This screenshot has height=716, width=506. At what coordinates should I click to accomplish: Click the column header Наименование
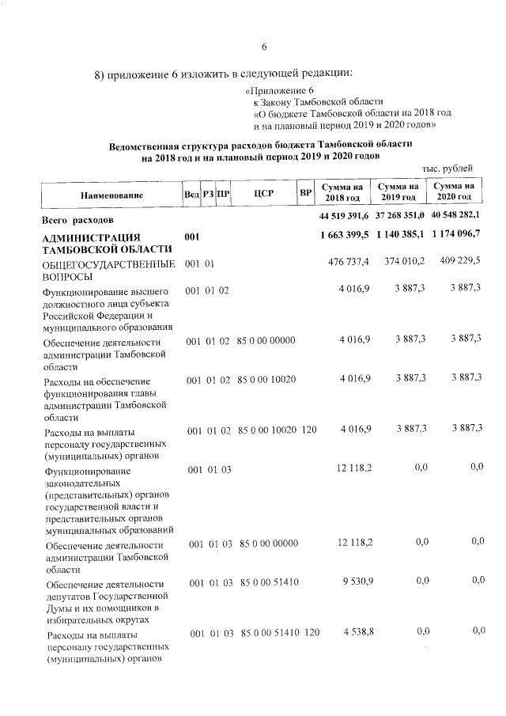(111, 194)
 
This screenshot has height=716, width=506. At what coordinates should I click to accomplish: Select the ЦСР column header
(264, 193)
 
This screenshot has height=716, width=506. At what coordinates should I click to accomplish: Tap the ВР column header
(304, 192)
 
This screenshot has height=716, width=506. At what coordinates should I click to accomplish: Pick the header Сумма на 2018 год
(342, 191)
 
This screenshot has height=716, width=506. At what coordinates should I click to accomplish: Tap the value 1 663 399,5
(346, 237)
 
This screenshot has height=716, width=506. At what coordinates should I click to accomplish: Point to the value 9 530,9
(357, 582)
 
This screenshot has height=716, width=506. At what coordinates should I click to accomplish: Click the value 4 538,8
(357, 632)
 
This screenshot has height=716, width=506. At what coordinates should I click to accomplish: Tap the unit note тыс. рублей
(447, 168)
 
